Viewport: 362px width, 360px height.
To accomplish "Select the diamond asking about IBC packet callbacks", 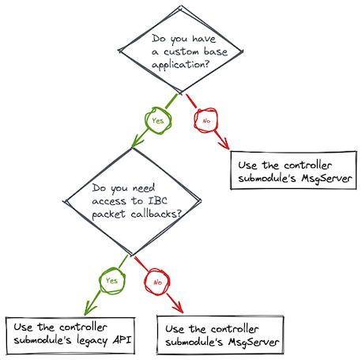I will pyautogui.click(x=131, y=202).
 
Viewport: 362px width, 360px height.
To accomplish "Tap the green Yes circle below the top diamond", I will pyautogui.click(x=157, y=121).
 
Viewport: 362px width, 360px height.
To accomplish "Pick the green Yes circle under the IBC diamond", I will pyautogui.click(x=109, y=279).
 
